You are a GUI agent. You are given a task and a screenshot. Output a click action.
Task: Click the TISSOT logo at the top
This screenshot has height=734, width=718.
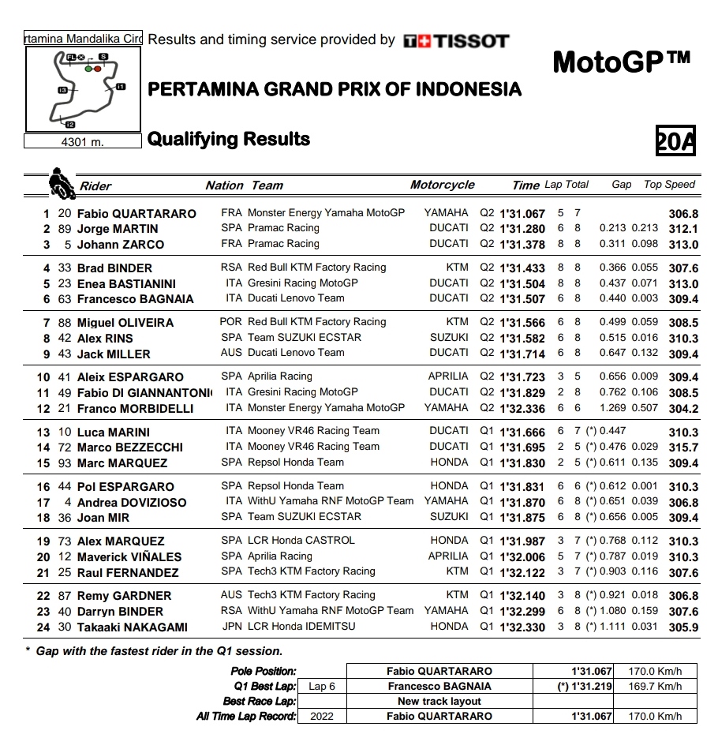456,41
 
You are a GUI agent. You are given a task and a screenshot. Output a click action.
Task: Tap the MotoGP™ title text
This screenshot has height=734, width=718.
622,61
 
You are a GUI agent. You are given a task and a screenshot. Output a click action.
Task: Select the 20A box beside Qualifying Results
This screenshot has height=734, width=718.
676,140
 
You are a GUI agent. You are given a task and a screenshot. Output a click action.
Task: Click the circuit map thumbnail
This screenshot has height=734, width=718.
83,88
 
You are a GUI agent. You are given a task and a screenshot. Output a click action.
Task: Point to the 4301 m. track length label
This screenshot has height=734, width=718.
83,142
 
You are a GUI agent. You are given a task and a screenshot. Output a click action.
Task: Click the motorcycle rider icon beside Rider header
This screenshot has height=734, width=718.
59,183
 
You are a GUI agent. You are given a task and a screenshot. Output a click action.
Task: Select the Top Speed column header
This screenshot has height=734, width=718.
669,185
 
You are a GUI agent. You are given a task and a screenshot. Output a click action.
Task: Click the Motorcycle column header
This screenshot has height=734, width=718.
442,185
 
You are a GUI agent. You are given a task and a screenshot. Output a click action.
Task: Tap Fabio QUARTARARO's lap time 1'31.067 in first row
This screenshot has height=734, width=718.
522,214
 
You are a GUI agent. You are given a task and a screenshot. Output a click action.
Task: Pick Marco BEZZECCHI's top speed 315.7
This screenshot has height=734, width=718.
683,448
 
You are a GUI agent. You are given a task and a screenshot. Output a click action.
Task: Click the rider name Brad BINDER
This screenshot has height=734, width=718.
114,268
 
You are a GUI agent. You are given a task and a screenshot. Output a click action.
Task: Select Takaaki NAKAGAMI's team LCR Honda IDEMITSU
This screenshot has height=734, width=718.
301,627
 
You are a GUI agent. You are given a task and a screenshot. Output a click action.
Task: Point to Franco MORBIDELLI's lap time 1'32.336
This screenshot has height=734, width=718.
522,409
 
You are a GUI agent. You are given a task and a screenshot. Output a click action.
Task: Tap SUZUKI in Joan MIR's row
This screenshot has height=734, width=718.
449,517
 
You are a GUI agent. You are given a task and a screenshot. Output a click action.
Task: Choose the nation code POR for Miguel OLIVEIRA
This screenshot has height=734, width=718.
231,322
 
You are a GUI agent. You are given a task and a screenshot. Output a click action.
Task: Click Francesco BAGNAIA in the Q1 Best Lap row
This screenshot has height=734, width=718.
439,687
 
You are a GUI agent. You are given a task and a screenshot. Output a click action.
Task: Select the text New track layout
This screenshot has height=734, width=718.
439,702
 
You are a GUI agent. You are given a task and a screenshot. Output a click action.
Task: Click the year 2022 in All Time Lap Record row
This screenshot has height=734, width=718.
322,717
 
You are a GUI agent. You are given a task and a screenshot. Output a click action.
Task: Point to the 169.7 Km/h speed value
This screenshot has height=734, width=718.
655,687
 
